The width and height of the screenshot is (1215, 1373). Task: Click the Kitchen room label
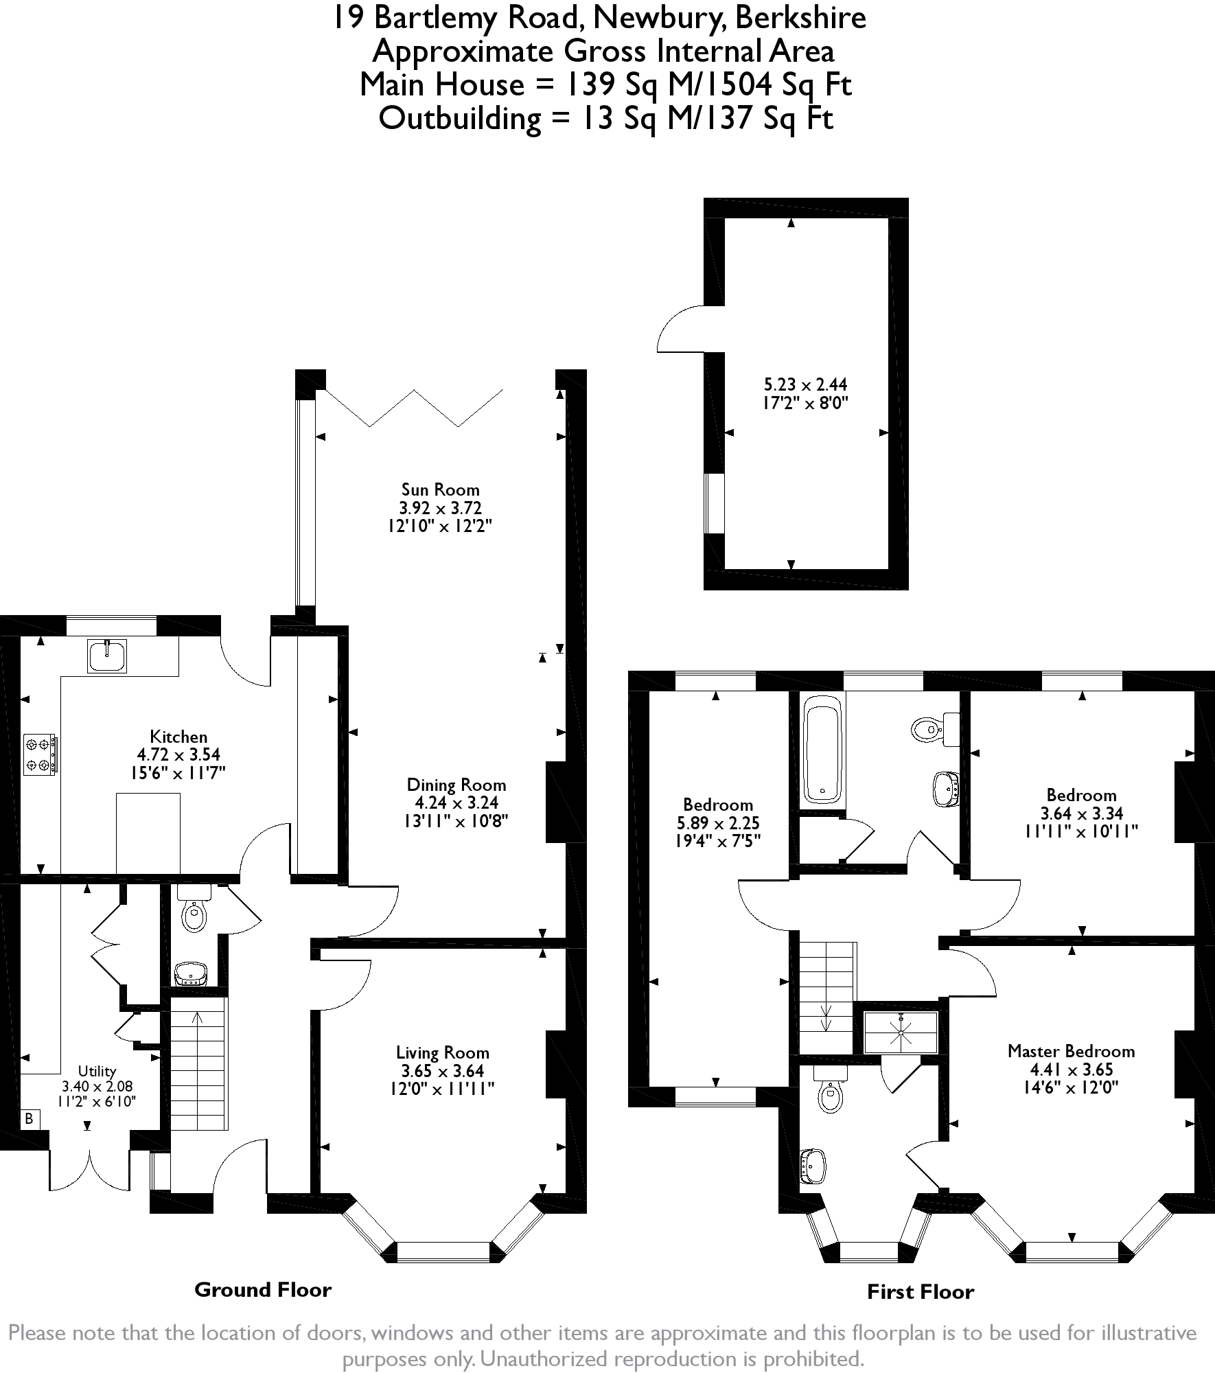[178, 737]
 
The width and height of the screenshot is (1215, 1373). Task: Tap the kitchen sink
[107, 655]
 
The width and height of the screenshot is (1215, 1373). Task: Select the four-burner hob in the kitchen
[40, 754]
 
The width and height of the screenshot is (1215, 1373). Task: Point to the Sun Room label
[440, 489]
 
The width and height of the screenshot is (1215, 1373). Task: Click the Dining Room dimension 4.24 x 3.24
[456, 803]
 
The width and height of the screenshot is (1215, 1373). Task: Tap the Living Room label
[443, 1052]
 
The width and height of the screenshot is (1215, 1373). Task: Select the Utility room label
[97, 1071]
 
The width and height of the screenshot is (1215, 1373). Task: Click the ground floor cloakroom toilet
[194, 908]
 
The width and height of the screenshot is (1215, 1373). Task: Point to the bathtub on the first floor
[822, 750]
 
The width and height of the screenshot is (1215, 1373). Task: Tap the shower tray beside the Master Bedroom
[900, 1032]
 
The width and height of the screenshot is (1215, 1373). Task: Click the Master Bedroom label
[1071, 1051]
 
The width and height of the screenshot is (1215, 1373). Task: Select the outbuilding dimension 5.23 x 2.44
[805, 384]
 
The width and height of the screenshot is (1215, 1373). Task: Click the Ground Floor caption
[263, 1289]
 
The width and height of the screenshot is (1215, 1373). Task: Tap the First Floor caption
[921, 1292]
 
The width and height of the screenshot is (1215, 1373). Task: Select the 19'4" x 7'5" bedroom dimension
[718, 840]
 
